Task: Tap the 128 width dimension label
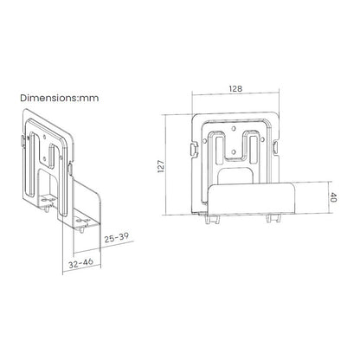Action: [x=235, y=89]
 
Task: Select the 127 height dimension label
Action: [x=161, y=166]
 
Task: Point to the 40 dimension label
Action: [x=332, y=197]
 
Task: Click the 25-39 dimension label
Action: [x=116, y=238]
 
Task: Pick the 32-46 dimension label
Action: [x=80, y=263]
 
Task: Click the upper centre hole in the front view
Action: [x=234, y=128]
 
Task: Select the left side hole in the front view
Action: [x=205, y=140]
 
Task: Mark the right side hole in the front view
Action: [x=263, y=140]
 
